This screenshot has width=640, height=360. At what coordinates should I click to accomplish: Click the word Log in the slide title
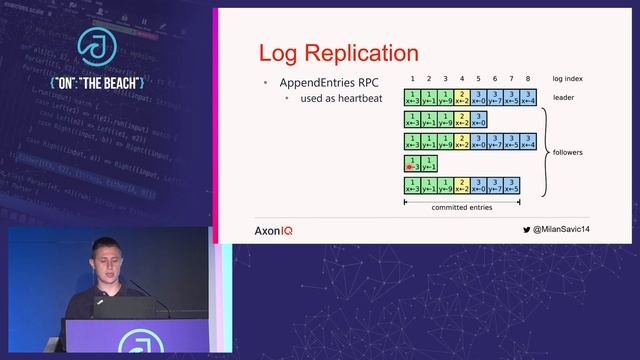pos(276,53)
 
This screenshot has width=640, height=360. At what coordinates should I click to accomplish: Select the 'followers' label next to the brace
pos(568,152)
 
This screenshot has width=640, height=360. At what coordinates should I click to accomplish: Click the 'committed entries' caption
pos(461,207)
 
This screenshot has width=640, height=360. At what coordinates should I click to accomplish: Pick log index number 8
pos(528,77)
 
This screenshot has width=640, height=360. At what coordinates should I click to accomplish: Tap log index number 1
pos(412,77)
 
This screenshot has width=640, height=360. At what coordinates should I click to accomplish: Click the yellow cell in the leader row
pos(461,97)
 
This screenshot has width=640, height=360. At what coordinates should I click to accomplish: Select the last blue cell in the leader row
pos(528,97)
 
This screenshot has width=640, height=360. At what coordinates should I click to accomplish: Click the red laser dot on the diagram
pos(410,167)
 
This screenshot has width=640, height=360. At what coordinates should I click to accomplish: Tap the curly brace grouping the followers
pos(545,152)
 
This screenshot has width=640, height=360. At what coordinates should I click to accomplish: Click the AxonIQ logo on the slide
pos(274,230)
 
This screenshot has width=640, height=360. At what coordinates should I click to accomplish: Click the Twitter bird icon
pos(527,229)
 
